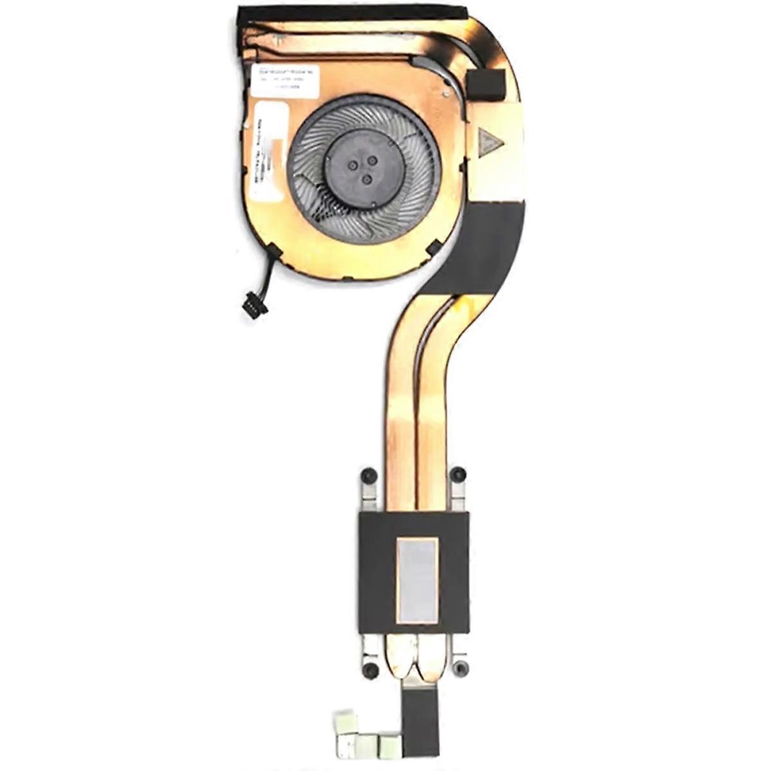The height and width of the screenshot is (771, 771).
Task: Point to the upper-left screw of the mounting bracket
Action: coord(368,476)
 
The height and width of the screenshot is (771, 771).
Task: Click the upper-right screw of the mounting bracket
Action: coord(457,475)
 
